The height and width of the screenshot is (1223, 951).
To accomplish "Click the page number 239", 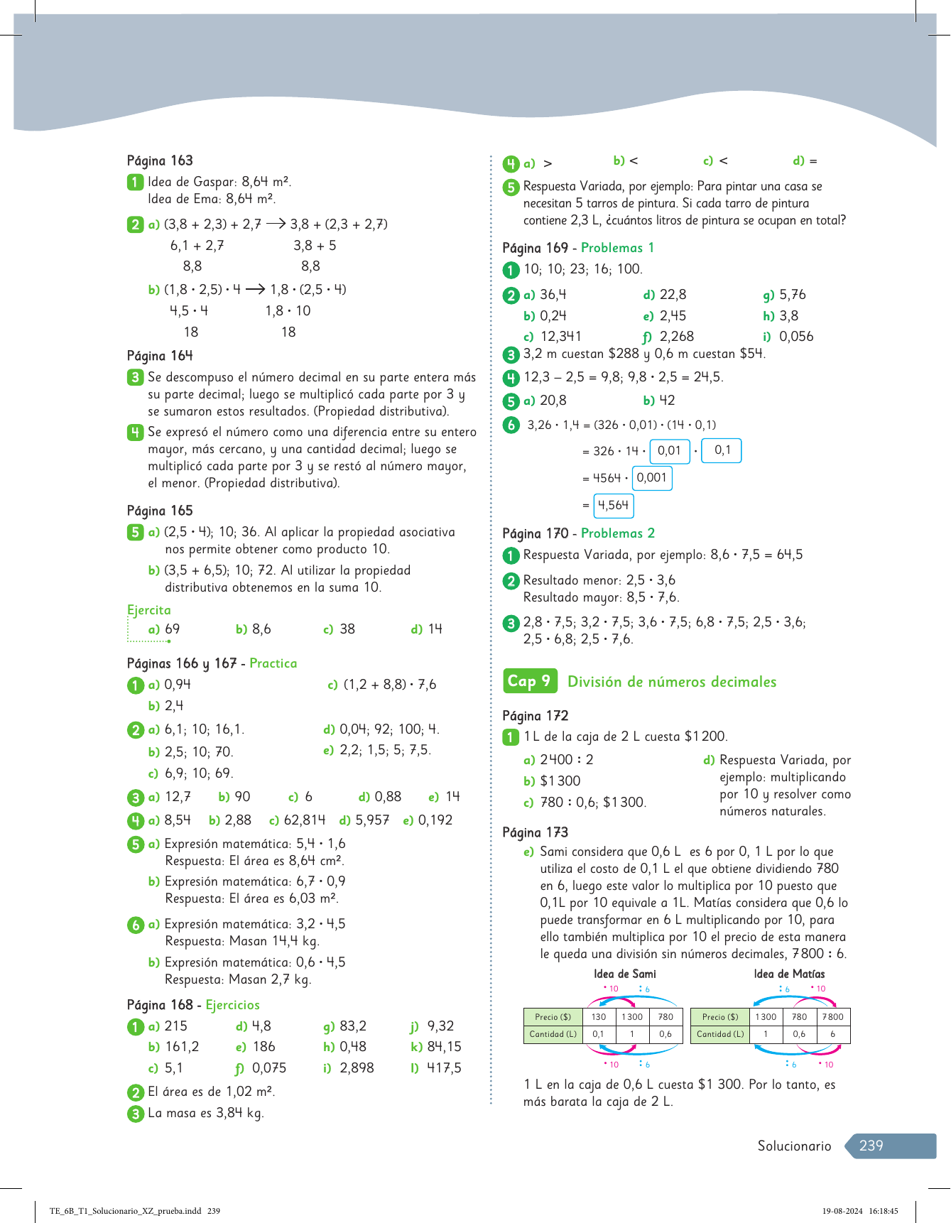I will tap(871, 1145).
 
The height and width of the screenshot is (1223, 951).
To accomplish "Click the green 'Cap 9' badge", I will tap(529, 681).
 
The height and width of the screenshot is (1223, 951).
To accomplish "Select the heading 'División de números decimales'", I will tap(672, 682).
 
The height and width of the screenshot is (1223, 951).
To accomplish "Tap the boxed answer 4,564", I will tap(613, 505).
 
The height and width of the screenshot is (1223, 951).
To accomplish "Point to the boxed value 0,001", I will tap(651, 478).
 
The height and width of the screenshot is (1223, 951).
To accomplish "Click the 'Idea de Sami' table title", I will tap(624, 974).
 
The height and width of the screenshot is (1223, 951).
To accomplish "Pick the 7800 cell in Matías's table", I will tap(832, 1016).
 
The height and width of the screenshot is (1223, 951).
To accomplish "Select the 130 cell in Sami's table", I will tap(599, 1016).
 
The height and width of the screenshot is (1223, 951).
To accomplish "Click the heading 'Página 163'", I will tap(160, 161).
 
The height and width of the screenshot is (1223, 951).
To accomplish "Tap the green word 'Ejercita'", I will tap(149, 610).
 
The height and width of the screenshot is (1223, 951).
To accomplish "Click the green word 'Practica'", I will tap(273, 663).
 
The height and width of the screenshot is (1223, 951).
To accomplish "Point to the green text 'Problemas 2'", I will tap(618, 533).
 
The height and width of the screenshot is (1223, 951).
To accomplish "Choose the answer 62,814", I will tap(304, 820).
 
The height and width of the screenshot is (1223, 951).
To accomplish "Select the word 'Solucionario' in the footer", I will tap(794, 1146).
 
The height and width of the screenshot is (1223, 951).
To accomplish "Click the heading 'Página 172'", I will tap(535, 716).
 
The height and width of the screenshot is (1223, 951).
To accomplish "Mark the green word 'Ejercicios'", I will tap(233, 1005).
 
